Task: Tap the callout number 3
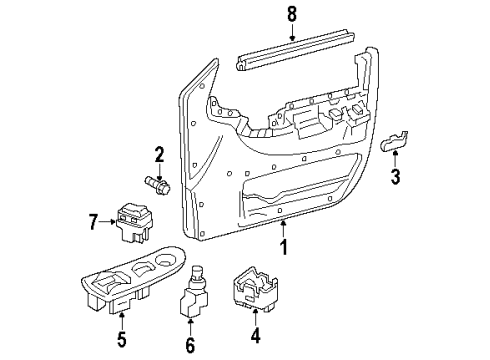point(396,179)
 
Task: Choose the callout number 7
point(93,219)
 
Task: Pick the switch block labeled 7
point(130,222)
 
